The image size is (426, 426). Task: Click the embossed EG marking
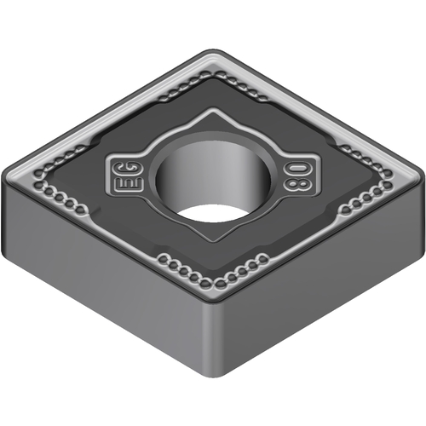(x=129, y=176)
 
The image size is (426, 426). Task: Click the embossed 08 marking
(x=297, y=176)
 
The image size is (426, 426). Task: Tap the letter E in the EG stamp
(x=129, y=185)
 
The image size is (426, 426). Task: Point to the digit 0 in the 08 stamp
(x=297, y=170)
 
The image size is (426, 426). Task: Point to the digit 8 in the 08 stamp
(x=297, y=184)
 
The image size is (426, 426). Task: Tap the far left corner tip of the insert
(x=3, y=175)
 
